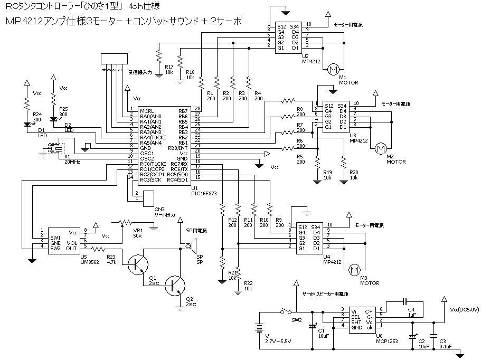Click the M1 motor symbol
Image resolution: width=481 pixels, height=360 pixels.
click(333, 69)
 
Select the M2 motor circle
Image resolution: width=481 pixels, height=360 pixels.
click(380, 149)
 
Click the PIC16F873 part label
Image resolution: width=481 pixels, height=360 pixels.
click(203, 193)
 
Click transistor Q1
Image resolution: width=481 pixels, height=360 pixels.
click(140, 263)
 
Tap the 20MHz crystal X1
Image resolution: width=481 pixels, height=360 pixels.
click(56, 150)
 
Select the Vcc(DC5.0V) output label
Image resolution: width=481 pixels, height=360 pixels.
click(465, 310)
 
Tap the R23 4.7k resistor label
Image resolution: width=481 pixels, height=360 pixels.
click(111, 259)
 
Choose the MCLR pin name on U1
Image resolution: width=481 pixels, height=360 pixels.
click(146, 110)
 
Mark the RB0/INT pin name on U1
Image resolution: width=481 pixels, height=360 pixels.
click(179, 148)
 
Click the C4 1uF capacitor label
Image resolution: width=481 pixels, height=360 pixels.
click(411, 311)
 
